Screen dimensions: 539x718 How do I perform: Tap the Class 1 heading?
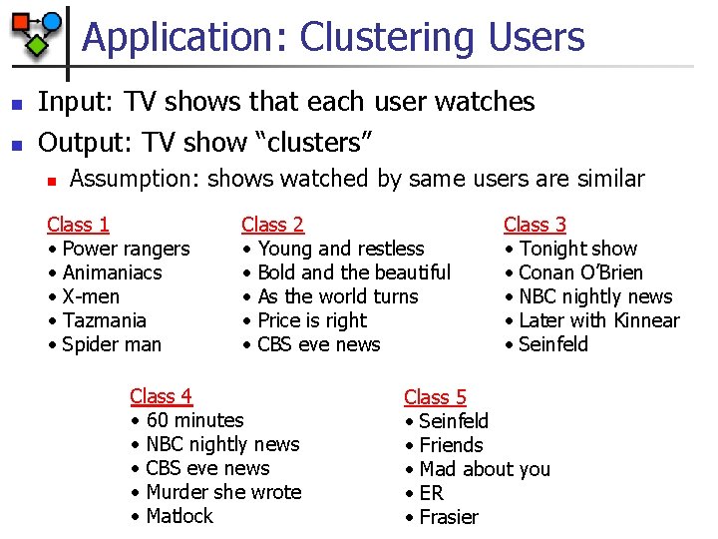coord(78,225)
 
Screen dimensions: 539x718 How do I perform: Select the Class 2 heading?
coord(272,225)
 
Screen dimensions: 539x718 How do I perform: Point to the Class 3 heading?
coord(535,225)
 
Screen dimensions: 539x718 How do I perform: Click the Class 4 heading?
coord(161,396)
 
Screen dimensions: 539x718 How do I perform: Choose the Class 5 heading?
coord(435,397)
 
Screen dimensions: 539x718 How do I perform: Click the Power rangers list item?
coord(126,249)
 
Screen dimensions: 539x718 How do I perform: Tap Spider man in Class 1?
coord(112,344)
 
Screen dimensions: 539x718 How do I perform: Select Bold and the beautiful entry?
coord(354,272)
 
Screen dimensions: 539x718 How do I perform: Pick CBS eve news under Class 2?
coord(318,344)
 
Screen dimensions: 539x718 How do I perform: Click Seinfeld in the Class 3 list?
coord(553,344)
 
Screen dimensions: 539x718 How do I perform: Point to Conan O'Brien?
coord(581,272)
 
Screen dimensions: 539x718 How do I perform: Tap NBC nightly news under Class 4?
coord(222,444)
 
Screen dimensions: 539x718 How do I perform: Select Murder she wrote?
coord(223,492)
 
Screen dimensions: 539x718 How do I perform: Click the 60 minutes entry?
coord(194,420)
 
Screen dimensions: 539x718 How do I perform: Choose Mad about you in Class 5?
coord(485,469)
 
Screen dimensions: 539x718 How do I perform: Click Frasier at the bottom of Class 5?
coord(449,517)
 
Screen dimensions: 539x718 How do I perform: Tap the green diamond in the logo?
coord(37,44)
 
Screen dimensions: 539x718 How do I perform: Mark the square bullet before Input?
coord(14,104)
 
